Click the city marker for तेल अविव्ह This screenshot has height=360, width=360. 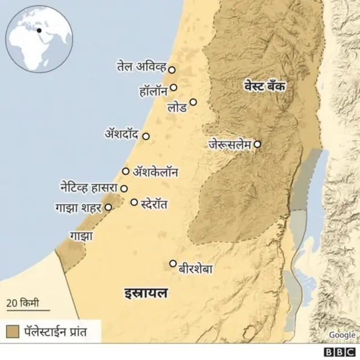click(x=172, y=70)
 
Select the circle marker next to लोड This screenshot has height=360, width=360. click(x=193, y=102)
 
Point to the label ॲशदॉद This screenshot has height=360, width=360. click(x=122, y=135)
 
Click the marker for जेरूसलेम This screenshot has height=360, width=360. click(x=257, y=144)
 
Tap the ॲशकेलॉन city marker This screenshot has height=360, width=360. click(x=125, y=171)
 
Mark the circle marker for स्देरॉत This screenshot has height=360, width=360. click(x=134, y=202)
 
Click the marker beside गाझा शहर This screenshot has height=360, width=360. click(x=108, y=207)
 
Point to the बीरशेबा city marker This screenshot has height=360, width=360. click(x=173, y=263)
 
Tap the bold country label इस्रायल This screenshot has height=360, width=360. click(x=146, y=293)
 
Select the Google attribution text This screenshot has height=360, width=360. click(x=342, y=335)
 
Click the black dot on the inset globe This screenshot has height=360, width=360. click(x=39, y=30)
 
